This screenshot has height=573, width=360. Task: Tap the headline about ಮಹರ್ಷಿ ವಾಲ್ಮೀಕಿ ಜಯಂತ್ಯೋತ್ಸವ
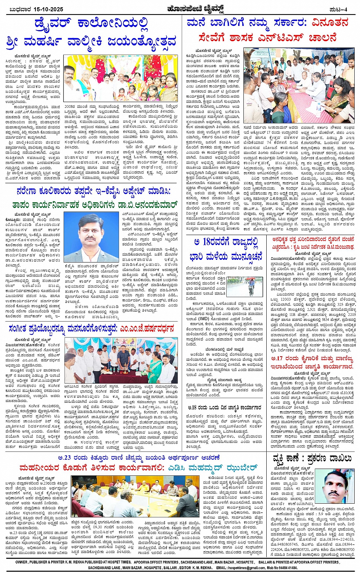pyautogui.click(x=91, y=40)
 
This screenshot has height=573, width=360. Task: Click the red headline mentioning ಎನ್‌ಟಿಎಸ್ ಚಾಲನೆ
pyautogui.click(x=268, y=38)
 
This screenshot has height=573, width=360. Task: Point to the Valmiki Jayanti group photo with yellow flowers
pyautogui.click(x=120, y=78)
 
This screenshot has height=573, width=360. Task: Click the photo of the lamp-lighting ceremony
pyautogui.click(x=121, y=360)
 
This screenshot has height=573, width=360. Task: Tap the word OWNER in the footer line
pyautogui.click(x=22, y=562)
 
